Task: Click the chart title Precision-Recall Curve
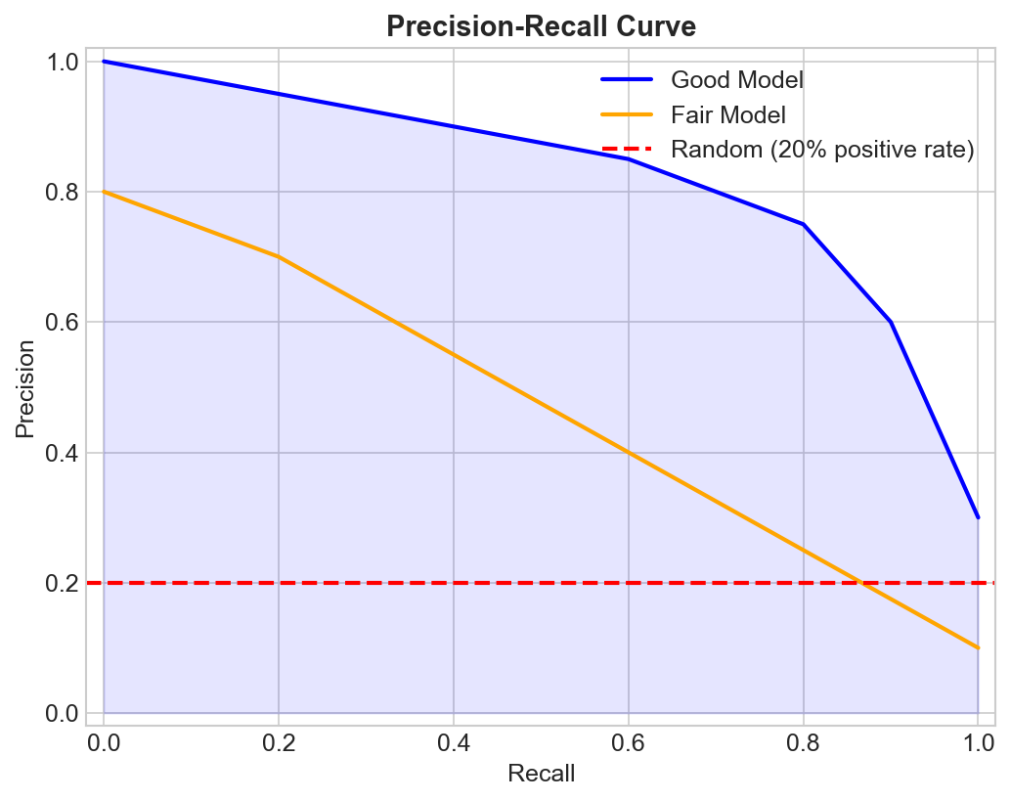coord(541,26)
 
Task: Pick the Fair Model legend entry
coord(727,115)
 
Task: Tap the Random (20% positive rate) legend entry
coord(822,151)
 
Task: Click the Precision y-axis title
coord(24,387)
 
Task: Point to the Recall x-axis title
coord(541,775)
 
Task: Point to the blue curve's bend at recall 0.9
coord(891,322)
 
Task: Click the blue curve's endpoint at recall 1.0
coord(978,517)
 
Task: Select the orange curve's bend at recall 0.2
coord(279,257)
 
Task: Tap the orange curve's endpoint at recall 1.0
coord(978,647)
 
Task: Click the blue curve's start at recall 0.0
coord(104,62)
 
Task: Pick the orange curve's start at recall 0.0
coord(104,192)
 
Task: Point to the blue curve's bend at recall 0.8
coord(803,224)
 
